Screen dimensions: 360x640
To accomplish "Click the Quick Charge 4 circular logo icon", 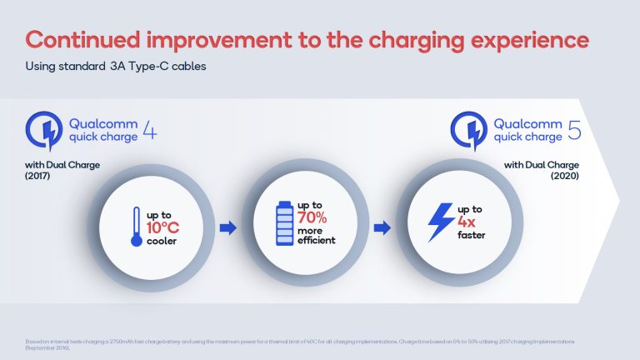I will point(43,131).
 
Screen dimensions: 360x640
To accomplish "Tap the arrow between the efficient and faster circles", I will point(380,227).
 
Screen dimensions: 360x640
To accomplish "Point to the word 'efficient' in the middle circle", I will point(317,241).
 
